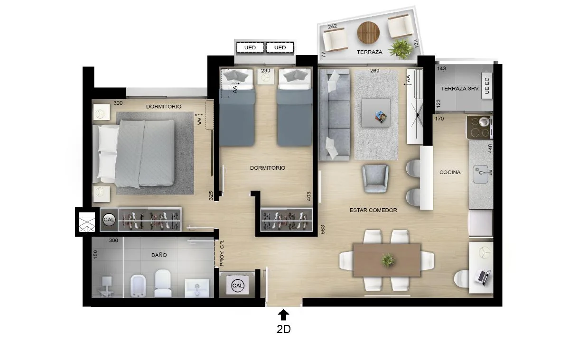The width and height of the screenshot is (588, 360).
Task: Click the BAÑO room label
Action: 159,255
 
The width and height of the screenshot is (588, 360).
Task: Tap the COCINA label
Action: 450,172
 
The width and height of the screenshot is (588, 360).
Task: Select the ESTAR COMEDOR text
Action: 373,210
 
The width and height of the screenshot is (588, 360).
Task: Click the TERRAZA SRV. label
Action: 460,89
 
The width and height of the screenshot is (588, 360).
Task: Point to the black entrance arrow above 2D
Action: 283,315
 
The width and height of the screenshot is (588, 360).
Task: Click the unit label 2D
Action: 283,329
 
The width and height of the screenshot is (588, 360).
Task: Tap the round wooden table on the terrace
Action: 368,33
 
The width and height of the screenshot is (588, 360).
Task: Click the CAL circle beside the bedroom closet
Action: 109,219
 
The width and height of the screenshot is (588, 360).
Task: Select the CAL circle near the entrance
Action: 238,286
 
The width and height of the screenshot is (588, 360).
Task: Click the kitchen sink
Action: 481,174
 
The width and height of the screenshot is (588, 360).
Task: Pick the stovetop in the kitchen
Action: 479,128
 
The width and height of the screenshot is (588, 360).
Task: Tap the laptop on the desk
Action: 483,277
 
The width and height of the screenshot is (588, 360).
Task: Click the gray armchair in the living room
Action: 375,178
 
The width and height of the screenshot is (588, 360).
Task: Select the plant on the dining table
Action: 387,260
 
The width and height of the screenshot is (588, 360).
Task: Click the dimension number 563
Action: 323,230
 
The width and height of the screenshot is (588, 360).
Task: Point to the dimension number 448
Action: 490,149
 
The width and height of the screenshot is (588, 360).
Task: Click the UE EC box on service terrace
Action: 486,85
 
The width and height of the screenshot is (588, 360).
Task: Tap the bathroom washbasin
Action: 197,288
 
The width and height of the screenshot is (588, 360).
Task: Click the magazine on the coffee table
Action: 381,117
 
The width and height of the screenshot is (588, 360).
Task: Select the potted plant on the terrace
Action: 401,49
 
